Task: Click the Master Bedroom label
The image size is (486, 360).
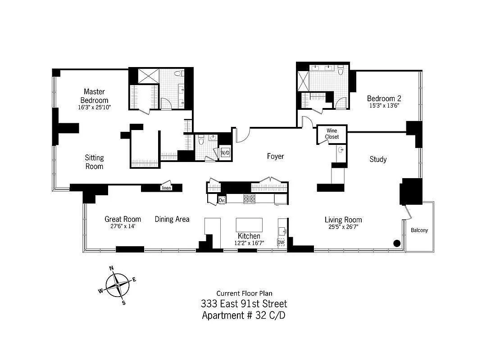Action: click(94, 96)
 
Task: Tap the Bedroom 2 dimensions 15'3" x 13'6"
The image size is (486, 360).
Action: click(384, 105)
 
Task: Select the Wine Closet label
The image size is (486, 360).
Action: click(332, 134)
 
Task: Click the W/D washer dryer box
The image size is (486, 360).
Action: click(225, 153)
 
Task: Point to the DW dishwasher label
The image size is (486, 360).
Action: click(281, 243)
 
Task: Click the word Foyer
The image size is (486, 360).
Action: click(275, 156)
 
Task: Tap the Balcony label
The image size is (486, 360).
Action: click(419, 230)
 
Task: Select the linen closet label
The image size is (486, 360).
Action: click(166, 188)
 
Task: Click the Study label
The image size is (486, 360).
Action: click(378, 159)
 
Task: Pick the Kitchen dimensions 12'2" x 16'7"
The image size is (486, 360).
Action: click(249, 243)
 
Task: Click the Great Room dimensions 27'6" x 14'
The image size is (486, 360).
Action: click(123, 226)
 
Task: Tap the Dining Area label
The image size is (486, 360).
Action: click(172, 219)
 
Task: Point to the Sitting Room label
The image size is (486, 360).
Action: click(94, 162)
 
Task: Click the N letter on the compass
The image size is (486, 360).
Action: click(112, 269)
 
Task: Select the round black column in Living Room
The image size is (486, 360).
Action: click(397, 243)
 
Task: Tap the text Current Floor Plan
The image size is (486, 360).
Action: click(244, 293)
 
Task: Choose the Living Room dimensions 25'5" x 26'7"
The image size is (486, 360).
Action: click(343, 226)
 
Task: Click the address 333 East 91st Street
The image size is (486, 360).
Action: click(244, 304)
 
